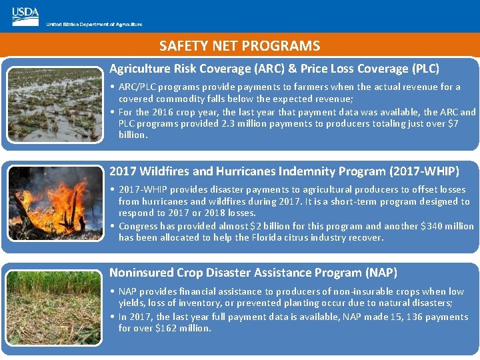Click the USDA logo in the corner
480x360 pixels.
point(25,16)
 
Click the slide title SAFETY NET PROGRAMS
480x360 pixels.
point(239,46)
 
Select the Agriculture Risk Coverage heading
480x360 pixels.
point(274,69)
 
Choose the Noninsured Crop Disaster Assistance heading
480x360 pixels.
point(253,273)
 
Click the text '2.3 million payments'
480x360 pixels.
point(263,123)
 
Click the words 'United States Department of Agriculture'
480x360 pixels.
point(94,25)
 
